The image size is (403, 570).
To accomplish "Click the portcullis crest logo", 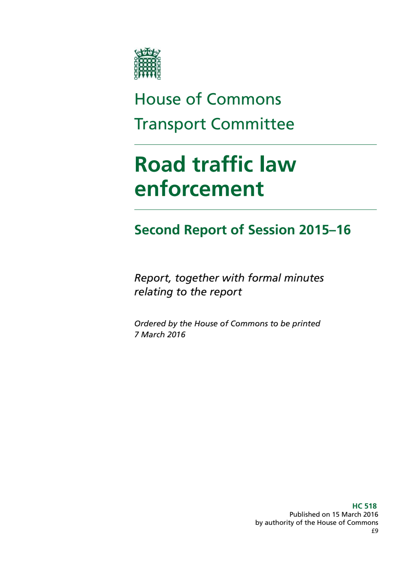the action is (x=148, y=64).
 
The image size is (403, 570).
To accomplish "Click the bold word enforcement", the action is (x=199, y=189).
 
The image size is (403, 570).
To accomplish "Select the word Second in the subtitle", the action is (x=157, y=230).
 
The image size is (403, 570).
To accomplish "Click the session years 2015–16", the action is (x=325, y=230).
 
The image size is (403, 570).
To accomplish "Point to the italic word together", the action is (x=197, y=278).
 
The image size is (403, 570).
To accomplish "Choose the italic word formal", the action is (x=265, y=278).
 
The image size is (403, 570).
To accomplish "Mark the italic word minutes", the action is (x=305, y=278).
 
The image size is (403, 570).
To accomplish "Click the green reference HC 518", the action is (x=364, y=506).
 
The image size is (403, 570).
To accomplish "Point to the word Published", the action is (x=304, y=515).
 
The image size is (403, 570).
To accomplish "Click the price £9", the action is (x=375, y=531).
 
